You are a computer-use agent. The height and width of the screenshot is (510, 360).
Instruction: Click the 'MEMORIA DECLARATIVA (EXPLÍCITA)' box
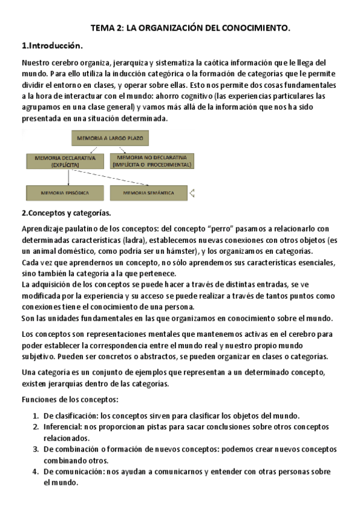click(x=66, y=161)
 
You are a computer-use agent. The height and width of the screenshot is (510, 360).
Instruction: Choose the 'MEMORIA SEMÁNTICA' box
click(x=148, y=193)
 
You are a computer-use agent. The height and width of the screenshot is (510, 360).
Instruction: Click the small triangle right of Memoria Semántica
click(x=192, y=193)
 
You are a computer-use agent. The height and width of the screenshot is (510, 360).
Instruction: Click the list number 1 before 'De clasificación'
click(x=37, y=416)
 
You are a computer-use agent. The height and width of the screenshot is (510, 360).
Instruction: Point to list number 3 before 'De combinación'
click(x=37, y=449)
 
